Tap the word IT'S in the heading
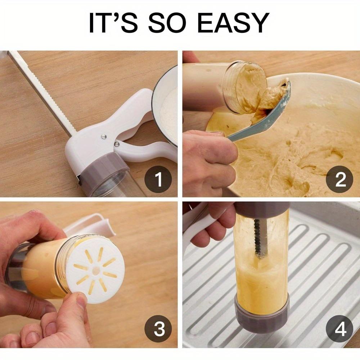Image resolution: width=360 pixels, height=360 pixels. point(113,23)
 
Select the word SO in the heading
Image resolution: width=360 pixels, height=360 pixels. point(167,23)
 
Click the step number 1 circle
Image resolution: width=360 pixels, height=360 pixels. point(158,179)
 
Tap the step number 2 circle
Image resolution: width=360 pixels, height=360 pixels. point(339,179)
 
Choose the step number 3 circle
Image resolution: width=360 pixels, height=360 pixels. point(158,329)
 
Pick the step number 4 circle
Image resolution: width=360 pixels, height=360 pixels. point(339,329)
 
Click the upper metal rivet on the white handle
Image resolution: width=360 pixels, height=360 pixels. point(104,137)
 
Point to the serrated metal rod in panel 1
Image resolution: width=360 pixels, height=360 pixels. point(42,94)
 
